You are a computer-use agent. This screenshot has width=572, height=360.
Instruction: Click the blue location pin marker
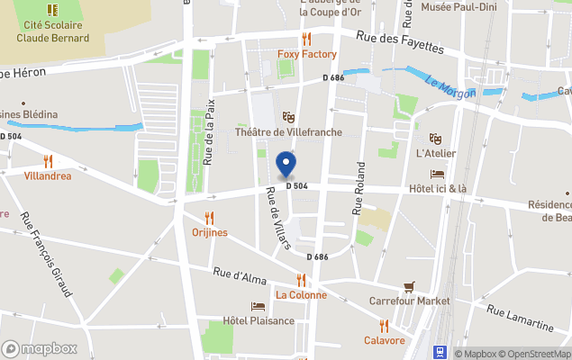click(286, 165)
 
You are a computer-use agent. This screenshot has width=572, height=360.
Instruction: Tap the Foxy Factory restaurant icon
click(306, 39)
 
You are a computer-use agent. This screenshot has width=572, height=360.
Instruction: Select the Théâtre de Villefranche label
click(287, 132)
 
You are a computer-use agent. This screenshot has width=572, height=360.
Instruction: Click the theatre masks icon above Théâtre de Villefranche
click(288, 117)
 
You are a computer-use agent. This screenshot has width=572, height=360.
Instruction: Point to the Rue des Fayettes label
click(400, 41)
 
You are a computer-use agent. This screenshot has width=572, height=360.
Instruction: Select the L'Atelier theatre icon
click(436, 139)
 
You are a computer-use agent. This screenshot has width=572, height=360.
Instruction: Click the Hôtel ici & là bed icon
click(438, 174)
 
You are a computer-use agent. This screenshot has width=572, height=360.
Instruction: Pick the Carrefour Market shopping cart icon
click(410, 286)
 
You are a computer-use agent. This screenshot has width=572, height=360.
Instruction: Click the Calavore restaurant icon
click(384, 325)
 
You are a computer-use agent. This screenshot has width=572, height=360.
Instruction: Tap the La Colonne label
click(301, 294)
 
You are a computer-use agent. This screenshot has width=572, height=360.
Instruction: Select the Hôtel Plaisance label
click(259, 320)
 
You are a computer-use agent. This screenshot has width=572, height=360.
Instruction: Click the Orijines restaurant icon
click(210, 217)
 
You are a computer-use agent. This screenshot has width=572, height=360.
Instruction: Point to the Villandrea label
click(48, 175)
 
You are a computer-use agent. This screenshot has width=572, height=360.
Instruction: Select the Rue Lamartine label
click(520, 318)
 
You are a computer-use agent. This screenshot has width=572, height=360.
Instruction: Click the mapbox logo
click(40, 348)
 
